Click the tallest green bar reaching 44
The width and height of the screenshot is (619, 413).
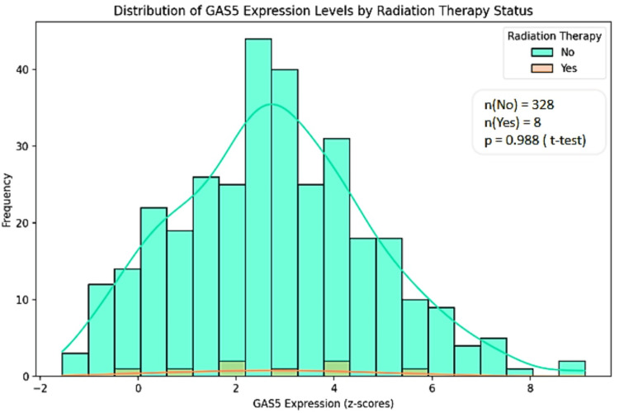258,206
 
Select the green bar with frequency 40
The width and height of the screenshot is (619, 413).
284,223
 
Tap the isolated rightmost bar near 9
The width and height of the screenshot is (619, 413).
571,368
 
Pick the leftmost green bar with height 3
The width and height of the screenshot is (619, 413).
75,365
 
